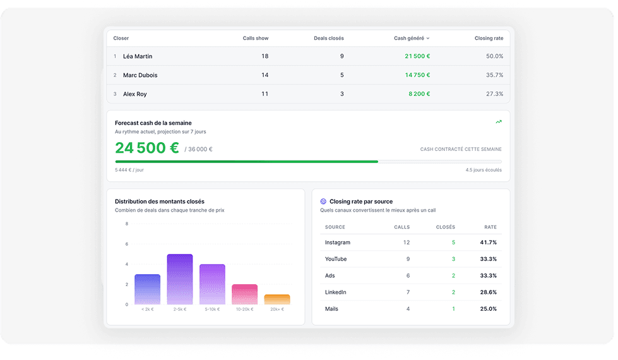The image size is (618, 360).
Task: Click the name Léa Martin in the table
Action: point(137,56)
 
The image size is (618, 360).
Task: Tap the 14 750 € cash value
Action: point(417,75)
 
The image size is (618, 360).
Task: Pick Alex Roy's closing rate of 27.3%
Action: point(494,94)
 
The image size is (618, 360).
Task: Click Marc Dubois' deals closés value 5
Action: point(342,75)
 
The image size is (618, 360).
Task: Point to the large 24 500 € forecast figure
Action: point(147,148)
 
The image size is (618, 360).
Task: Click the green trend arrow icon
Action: point(499,122)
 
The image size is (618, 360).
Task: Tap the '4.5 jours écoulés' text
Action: point(484,170)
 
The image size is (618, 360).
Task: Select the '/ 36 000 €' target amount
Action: point(198,150)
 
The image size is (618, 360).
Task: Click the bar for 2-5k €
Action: point(180,279)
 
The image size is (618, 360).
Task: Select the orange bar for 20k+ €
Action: point(277,299)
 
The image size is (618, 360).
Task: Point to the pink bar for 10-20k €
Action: point(244,294)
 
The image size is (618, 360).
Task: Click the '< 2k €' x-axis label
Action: point(147,309)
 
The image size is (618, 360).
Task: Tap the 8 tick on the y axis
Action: point(126,224)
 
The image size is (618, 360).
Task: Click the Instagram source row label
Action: point(337,243)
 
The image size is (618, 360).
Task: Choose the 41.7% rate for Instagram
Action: point(488,243)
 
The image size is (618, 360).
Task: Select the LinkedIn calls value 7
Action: point(408,292)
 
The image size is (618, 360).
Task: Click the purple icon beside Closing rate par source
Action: point(323,201)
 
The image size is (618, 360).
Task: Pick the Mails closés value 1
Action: point(453,309)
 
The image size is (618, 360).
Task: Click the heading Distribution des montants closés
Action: point(160,201)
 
